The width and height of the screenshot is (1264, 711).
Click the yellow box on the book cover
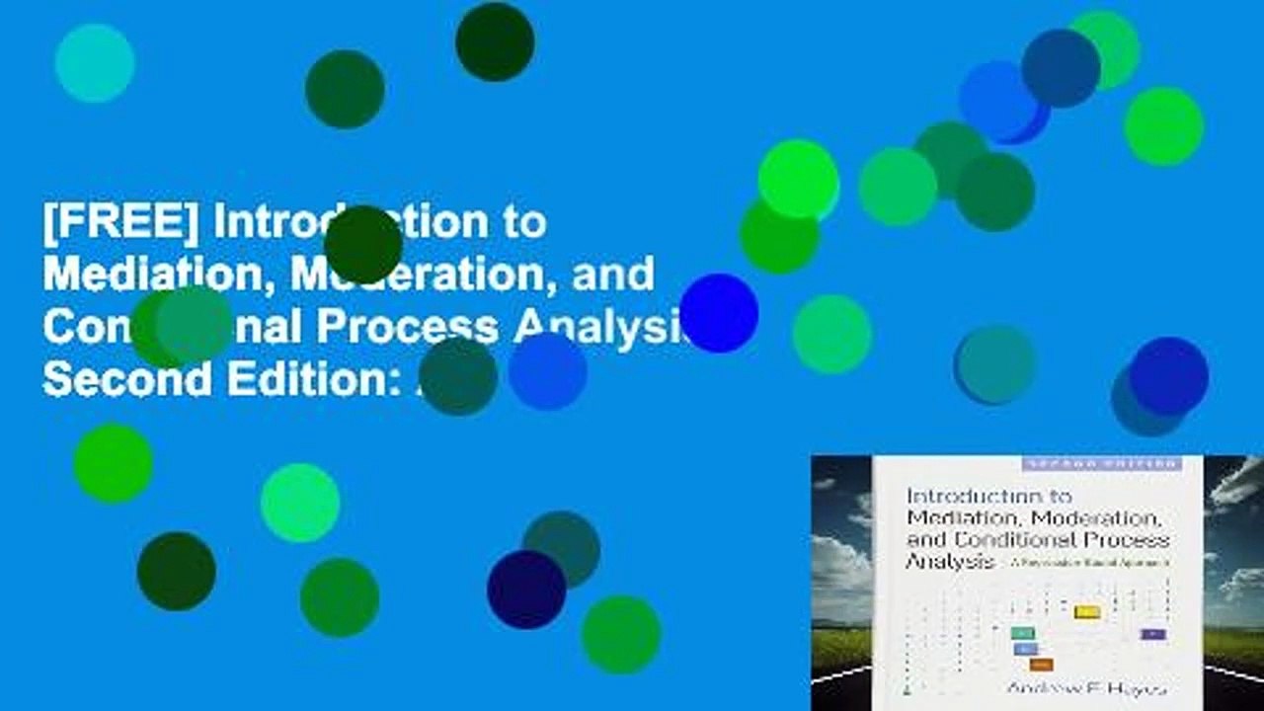coord(1086,612)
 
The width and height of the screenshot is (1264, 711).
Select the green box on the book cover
coord(1022,632)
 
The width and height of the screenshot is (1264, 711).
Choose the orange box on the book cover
coord(1041,665)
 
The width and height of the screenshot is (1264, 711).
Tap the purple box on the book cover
coord(1152,634)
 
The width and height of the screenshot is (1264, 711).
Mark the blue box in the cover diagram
coord(1026,649)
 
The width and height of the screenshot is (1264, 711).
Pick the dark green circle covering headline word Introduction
coord(362,244)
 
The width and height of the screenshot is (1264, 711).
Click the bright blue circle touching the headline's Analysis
coord(718,313)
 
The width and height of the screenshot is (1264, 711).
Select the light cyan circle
coord(94,62)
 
